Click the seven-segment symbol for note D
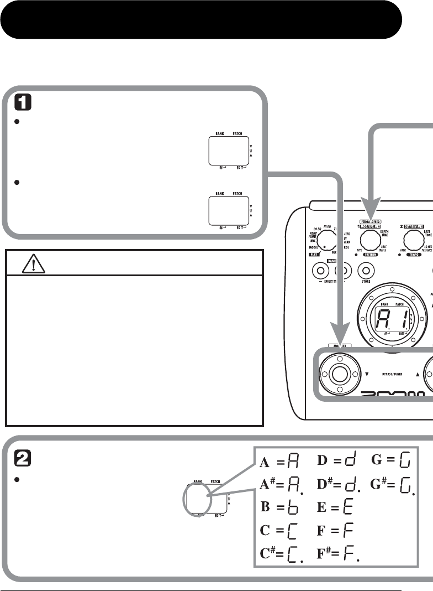351,459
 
